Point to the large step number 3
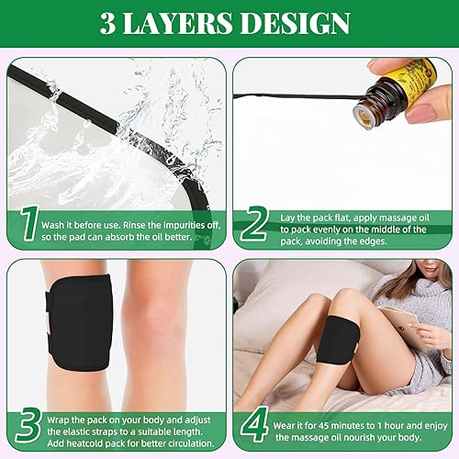pyautogui.click(x=29, y=426)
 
